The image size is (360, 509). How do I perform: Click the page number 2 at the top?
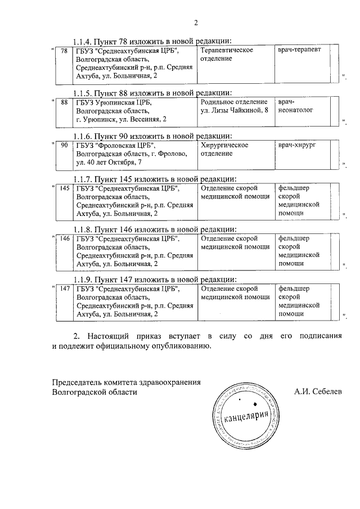click(x=196, y=23)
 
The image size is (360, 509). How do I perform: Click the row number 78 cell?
click(x=64, y=51)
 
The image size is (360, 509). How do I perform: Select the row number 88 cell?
click(x=64, y=102)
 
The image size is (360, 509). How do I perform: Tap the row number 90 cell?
click(x=64, y=145)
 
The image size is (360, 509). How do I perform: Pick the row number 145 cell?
click(x=64, y=188)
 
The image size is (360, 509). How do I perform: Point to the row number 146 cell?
click(x=64, y=238)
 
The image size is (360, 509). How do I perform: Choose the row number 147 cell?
click(x=64, y=289)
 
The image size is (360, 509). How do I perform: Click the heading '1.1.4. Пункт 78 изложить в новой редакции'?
click(x=152, y=41)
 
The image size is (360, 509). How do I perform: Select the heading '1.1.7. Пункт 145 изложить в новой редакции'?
click(x=155, y=178)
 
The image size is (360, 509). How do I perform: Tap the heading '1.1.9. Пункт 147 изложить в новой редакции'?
click(x=155, y=280)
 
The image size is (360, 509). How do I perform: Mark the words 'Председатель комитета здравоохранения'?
click(x=126, y=382)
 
